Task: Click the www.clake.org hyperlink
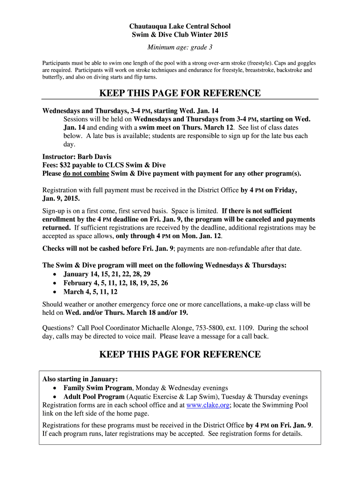point(208,406)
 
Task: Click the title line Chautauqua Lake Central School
point(180,27)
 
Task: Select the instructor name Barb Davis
point(94,157)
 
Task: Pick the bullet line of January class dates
point(107,274)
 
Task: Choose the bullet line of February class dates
point(115,283)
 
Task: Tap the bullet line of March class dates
point(90,292)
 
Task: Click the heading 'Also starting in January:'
point(80,379)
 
